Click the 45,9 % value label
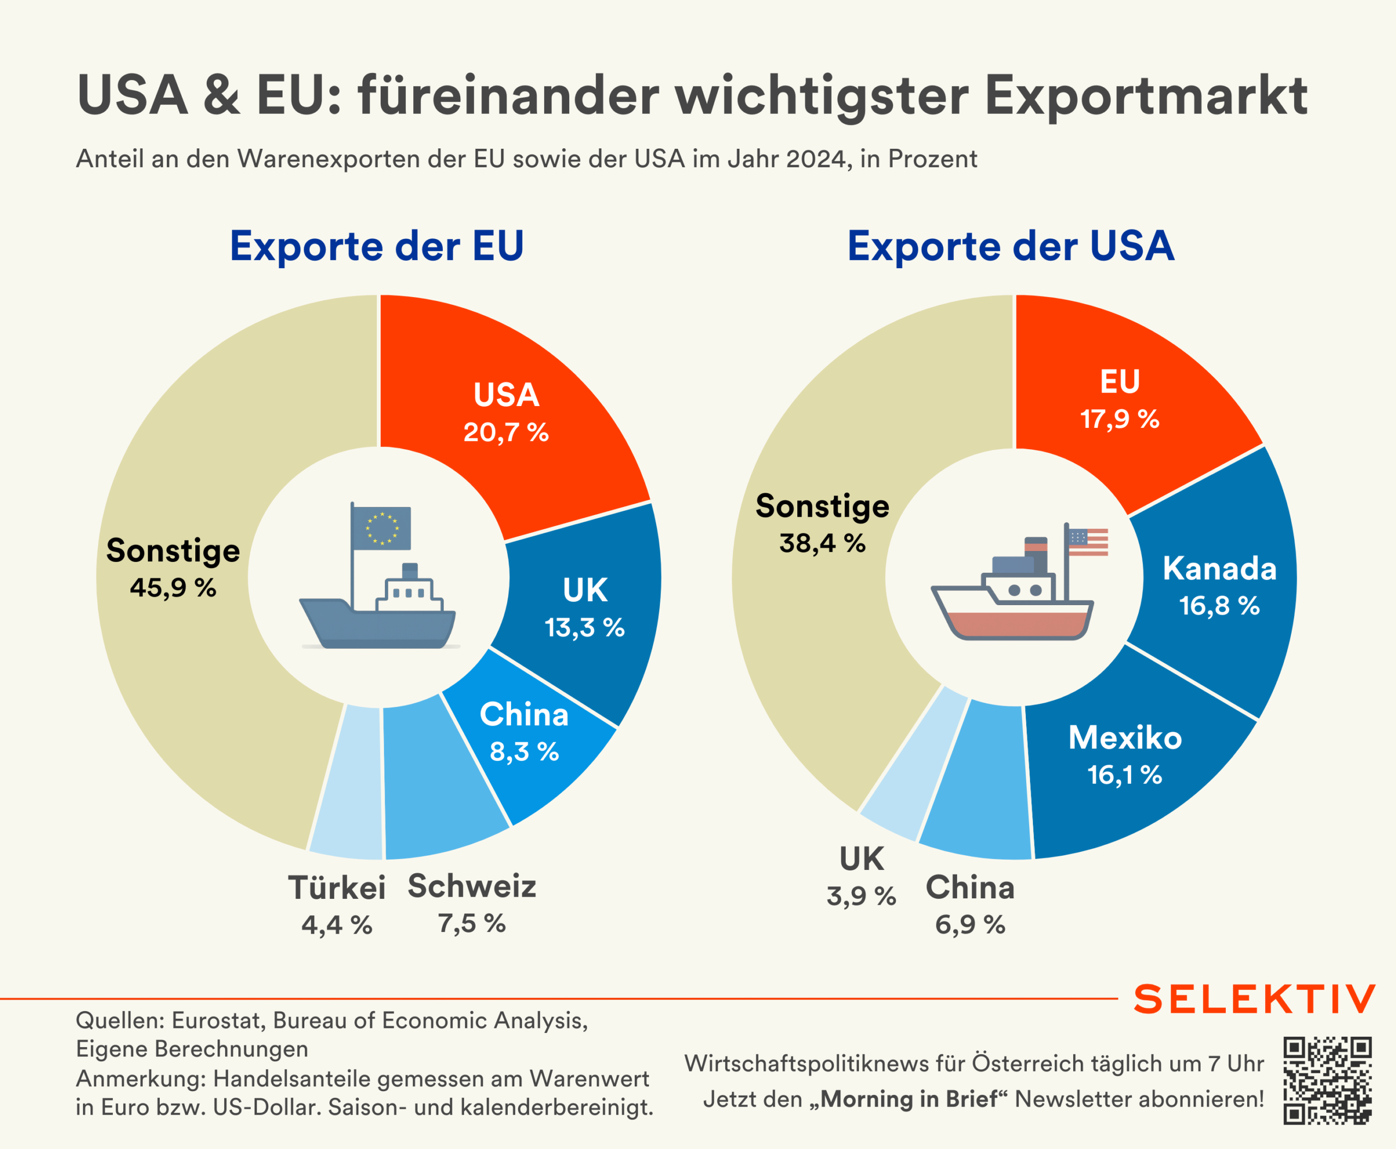click(x=173, y=588)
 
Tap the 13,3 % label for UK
click(x=584, y=627)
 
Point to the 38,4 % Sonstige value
click(x=822, y=543)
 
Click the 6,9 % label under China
click(x=970, y=924)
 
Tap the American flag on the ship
click(x=1088, y=542)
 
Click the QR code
click(x=1327, y=1080)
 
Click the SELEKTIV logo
click(x=1254, y=999)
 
